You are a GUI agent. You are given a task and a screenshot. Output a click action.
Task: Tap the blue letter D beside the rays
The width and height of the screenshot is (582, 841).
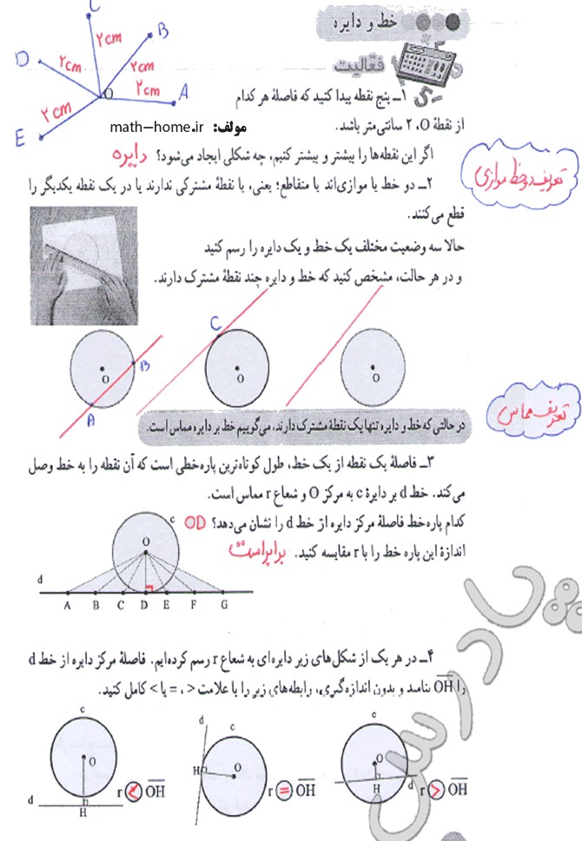(23, 58)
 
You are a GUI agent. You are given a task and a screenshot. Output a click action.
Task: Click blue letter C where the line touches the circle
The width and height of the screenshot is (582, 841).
(216, 325)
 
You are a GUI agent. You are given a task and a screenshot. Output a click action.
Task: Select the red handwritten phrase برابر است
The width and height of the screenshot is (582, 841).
(261, 550)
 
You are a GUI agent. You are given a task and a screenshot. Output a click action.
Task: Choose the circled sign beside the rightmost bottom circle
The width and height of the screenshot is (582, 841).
(433, 789)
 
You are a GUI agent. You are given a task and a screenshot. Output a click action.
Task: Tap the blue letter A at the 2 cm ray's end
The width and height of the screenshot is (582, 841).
(182, 89)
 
